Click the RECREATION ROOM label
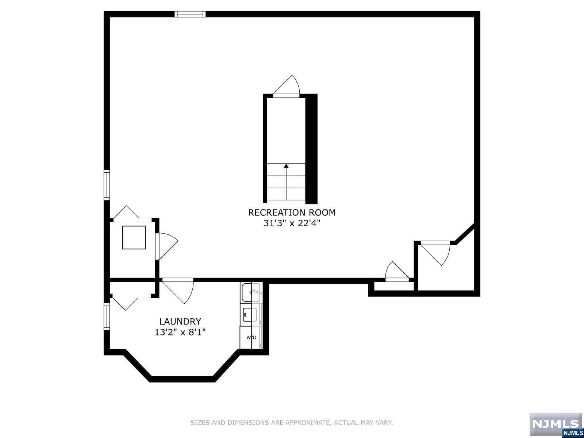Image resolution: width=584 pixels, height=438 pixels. coord(292,212)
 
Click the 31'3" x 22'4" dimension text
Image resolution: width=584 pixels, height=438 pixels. coord(292,223)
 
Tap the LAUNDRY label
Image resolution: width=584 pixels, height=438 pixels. coord(180,322)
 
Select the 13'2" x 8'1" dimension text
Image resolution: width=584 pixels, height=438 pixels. coord(180,332)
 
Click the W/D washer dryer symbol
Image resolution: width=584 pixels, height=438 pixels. coord(251,338)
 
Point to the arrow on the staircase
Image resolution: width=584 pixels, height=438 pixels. coord(286,166)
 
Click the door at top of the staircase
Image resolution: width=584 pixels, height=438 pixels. coord(287,88)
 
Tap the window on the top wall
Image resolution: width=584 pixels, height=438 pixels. coord(190,14)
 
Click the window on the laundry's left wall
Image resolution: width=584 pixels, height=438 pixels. coord(107,316)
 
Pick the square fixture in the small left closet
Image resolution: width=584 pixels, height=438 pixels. coord(134,238)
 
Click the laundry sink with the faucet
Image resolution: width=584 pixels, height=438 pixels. coord(251,292)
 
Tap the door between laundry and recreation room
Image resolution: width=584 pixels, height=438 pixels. coord(179,290)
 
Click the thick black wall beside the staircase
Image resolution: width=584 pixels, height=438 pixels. coord(311,149)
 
